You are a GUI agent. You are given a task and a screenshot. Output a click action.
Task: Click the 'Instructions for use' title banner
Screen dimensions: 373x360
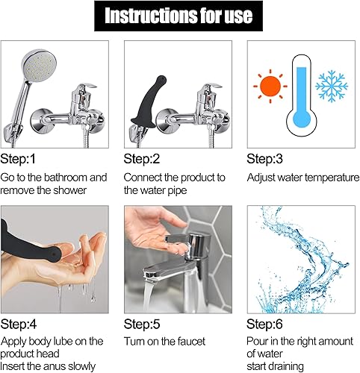point(179,16)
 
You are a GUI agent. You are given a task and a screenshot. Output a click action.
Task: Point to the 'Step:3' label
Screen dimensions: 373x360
point(267,159)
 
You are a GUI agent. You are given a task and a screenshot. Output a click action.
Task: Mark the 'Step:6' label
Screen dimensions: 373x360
point(267,325)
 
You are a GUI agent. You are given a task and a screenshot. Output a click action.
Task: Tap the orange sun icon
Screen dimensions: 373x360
point(269,87)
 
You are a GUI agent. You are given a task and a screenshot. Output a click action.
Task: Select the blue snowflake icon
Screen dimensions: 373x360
point(331,87)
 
